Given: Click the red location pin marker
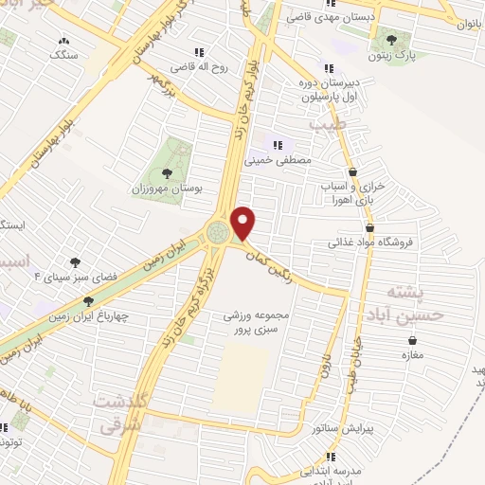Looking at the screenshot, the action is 244,222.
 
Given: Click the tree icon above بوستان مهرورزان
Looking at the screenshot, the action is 168,172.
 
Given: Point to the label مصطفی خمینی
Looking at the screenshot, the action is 278,161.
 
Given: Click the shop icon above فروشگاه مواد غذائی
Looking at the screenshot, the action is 370,227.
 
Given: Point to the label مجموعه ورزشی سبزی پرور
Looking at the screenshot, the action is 261,321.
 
